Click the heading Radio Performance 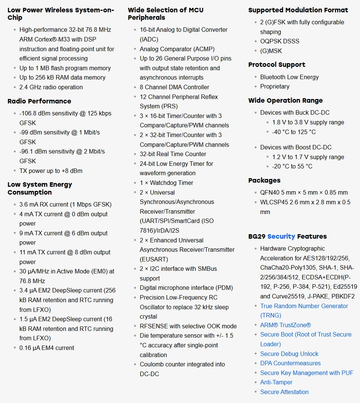click(x=39, y=101)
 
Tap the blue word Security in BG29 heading click(x=281, y=236)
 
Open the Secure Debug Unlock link click(x=289, y=354)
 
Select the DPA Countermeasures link click(x=290, y=363)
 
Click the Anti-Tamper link click(x=276, y=382)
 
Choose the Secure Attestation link click(x=284, y=392)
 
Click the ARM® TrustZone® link click(x=285, y=325)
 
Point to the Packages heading click(x=264, y=180)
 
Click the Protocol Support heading click(x=277, y=65)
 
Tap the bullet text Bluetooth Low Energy click(x=289, y=77)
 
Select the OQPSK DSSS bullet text click(x=280, y=41)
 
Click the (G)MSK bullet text click(x=271, y=51)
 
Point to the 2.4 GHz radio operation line click(x=51, y=87)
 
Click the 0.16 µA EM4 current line click(x=47, y=348)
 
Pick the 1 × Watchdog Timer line click(x=167, y=183)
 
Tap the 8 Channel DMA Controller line click(x=174, y=87)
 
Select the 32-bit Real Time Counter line click(x=173, y=154)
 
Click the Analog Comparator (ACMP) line click(x=177, y=49)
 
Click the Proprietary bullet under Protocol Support click(x=274, y=86)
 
